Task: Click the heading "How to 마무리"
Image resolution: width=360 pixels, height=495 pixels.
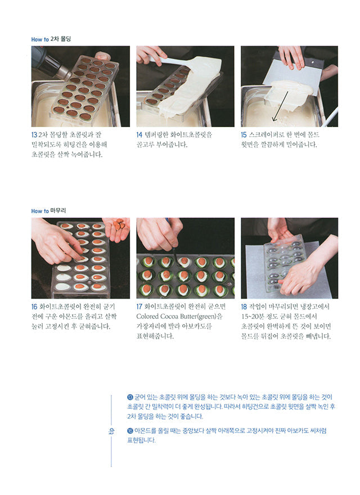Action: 49,211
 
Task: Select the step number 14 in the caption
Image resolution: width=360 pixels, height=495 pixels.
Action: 140,135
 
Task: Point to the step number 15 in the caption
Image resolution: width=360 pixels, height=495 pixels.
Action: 244,135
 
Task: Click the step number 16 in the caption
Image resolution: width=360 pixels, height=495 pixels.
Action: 34,307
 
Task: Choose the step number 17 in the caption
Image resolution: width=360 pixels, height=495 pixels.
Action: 140,307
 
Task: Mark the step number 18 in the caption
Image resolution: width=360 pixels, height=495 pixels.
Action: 244,307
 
